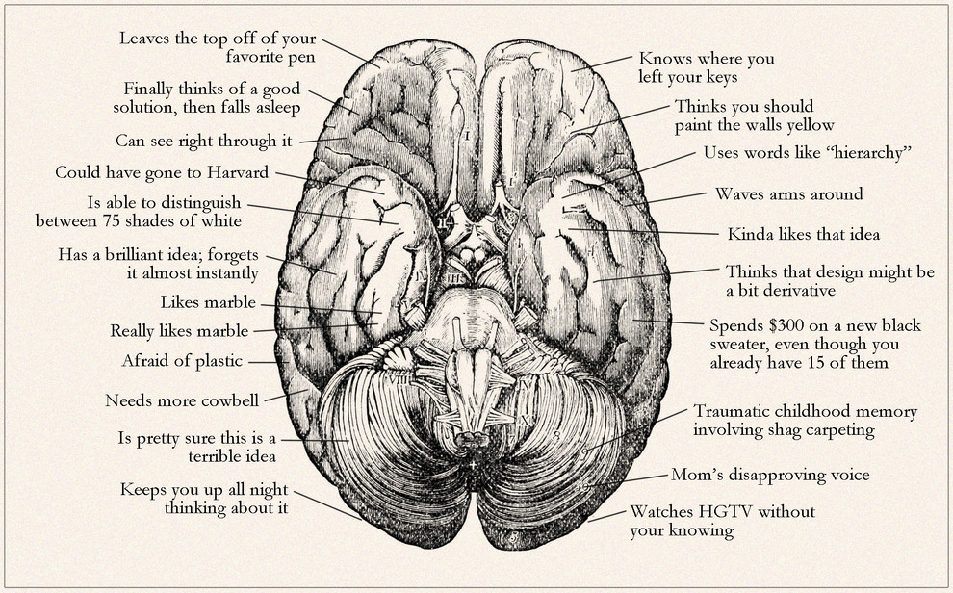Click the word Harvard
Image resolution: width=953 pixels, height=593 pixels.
pyautogui.click(x=237, y=172)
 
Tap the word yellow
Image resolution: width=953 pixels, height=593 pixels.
pyautogui.click(x=811, y=126)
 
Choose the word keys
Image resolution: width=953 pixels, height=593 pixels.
pyautogui.click(x=722, y=78)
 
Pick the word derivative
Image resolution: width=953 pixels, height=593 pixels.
pyautogui.click(x=799, y=291)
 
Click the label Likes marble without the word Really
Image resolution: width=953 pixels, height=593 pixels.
pyautogui.click(x=209, y=302)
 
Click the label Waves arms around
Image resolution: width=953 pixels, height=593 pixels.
pyautogui.click(x=789, y=194)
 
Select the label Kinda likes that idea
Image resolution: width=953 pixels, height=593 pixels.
pyautogui.click(x=804, y=234)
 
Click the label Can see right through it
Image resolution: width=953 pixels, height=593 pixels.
pyautogui.click(x=204, y=142)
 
